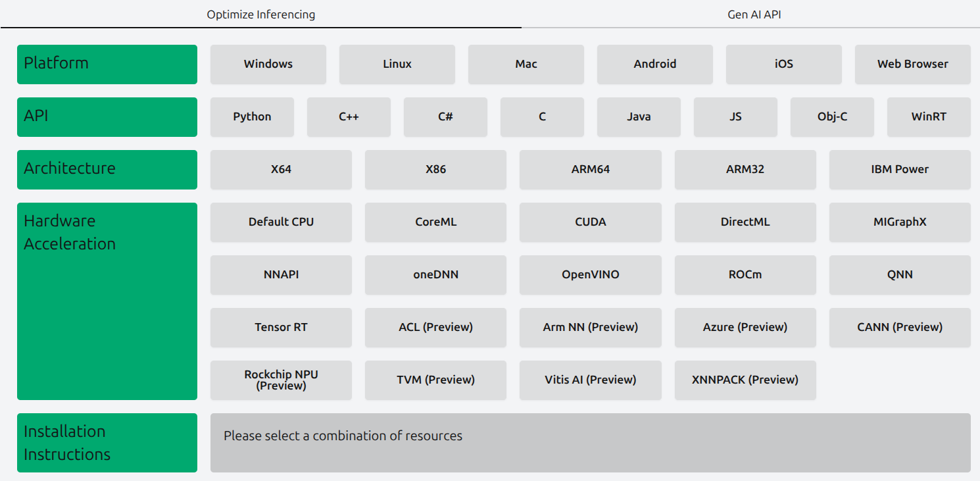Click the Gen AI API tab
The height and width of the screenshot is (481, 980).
pyautogui.click(x=754, y=14)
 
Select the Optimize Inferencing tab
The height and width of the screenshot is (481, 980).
pyautogui.click(x=260, y=14)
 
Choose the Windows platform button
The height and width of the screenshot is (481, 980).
pyautogui.click(x=268, y=64)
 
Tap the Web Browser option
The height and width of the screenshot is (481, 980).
pyautogui.click(x=913, y=64)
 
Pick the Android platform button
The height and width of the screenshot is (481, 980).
pyautogui.click(x=655, y=64)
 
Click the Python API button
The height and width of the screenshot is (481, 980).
pyautogui.click(x=252, y=117)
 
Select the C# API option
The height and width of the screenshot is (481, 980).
pyautogui.click(x=445, y=117)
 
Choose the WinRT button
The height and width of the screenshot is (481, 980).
pyautogui.click(x=929, y=117)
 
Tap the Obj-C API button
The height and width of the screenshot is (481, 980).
pyautogui.click(x=832, y=117)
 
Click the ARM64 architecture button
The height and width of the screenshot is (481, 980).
pyautogui.click(x=590, y=169)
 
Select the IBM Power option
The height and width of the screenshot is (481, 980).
pyautogui.click(x=900, y=169)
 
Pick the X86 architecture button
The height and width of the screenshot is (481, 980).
pyautogui.click(x=436, y=169)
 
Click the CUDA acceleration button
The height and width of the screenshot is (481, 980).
pyautogui.click(x=590, y=222)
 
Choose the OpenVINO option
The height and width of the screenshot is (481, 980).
pyautogui.click(x=590, y=275)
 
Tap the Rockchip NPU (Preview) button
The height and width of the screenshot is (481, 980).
pyautogui.click(x=281, y=380)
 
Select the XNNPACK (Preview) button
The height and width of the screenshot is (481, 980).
pyautogui.click(x=745, y=380)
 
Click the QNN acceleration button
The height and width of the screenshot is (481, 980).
pyautogui.click(x=900, y=275)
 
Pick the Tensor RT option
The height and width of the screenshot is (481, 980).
pyautogui.click(x=281, y=328)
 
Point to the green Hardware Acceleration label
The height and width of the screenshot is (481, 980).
pyautogui.click(x=107, y=301)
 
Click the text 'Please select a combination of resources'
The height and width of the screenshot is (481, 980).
pyautogui.click(x=343, y=436)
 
